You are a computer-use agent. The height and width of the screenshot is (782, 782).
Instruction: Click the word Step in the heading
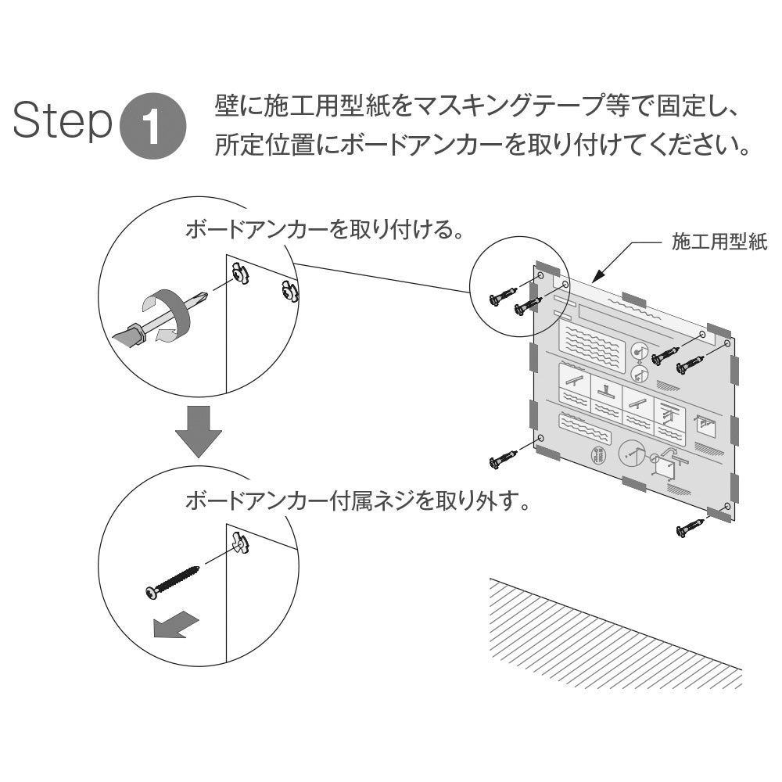pos(63,120)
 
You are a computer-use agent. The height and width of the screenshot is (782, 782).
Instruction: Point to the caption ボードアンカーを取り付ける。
pos(324,230)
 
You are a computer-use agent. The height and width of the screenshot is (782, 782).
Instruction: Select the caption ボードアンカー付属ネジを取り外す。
pos(357,500)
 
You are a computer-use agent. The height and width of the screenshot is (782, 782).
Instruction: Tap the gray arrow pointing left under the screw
pos(176,625)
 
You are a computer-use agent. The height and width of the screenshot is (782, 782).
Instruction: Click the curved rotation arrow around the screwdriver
pos(166,314)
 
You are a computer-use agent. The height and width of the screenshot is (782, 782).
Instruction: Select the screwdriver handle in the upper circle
pos(129,335)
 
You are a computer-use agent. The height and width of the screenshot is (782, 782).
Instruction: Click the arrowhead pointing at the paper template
pos(599,276)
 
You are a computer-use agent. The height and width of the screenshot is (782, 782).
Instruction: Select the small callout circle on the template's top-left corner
pos(520,285)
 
